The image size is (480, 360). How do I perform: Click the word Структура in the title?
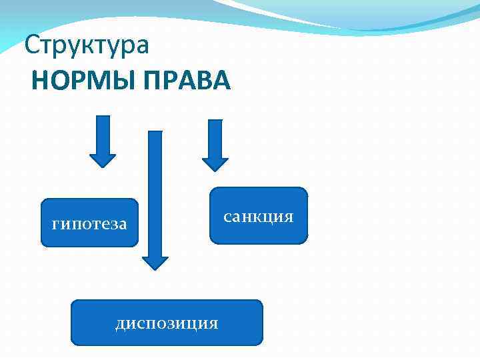tap(87, 46)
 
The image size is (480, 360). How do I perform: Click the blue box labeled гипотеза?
tap(89, 223)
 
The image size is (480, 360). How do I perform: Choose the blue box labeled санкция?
tap(259, 215)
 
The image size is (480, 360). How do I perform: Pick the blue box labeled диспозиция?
tap(167, 323)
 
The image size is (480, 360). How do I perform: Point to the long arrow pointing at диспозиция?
tap(155, 193)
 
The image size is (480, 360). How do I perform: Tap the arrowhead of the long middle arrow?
tap(155, 261)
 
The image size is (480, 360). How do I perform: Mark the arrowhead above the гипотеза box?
tap(103, 161)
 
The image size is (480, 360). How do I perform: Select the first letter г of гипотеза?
tap(55, 224)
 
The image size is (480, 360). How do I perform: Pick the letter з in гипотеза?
tap(111, 224)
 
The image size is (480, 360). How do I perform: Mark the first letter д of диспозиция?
tap(121, 324)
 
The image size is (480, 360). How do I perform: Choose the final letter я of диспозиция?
tap(213, 323)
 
